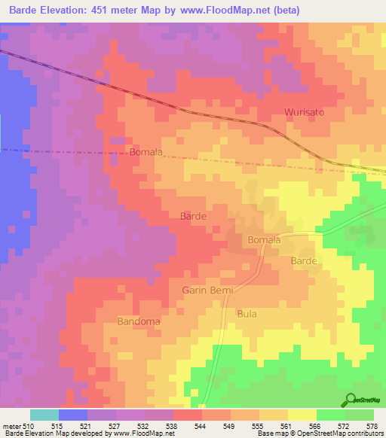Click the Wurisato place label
304,112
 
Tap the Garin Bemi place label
208,290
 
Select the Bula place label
247,313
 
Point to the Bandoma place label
139,321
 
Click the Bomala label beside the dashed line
146,152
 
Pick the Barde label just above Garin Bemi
193,216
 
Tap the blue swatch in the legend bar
73,415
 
